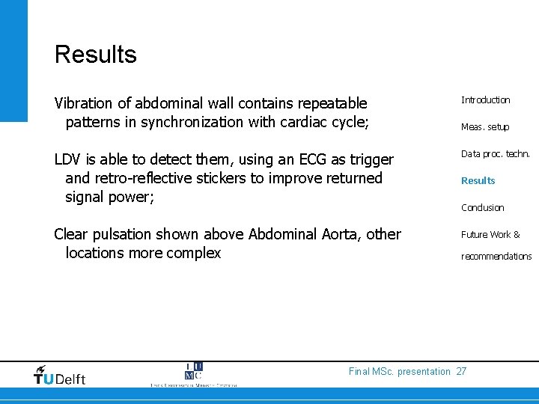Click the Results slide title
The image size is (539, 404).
coord(95,55)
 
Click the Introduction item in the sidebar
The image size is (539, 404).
coord(485,100)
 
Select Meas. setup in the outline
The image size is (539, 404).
coord(484,127)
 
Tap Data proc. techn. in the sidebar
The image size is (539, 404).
coord(495,154)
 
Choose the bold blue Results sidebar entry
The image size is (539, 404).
coord(478,180)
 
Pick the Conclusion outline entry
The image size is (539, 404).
coord(482,207)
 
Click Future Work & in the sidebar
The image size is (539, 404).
coord(490,235)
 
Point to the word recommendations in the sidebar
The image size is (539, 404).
coord(496,256)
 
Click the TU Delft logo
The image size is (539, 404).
coord(60,375)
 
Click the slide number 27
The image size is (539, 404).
coord(461,372)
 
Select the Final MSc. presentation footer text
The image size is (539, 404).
coord(400,372)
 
